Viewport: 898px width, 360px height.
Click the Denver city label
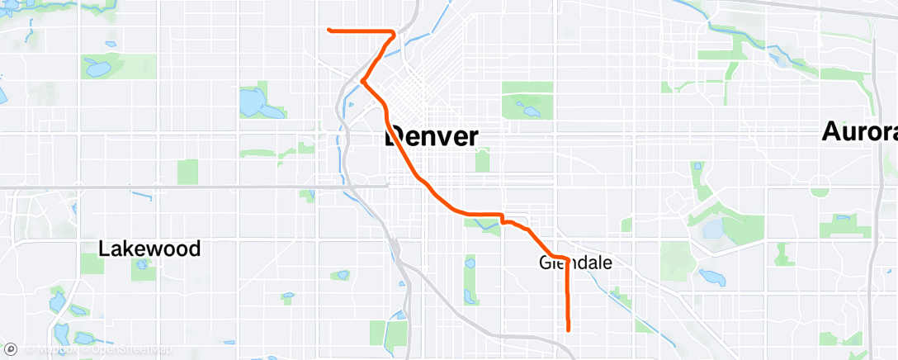[432, 136]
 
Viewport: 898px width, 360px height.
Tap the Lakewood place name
[149, 249]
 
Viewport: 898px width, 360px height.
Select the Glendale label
[575, 263]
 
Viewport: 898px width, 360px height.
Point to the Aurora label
[859, 132]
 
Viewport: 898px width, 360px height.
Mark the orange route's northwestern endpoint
[329, 30]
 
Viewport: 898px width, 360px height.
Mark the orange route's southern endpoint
[569, 330]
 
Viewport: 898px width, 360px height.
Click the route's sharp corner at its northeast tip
[395, 33]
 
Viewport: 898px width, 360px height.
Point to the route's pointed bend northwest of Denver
[362, 81]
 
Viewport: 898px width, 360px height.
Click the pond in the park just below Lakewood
[141, 265]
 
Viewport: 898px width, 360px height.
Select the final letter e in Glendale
[607, 263]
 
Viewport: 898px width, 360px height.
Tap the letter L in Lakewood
[103, 249]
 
